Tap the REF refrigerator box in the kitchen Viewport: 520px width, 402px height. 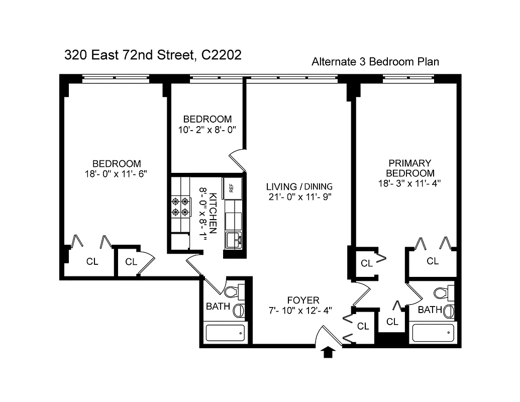(x=232, y=188)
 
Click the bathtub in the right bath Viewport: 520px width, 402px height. (x=433, y=333)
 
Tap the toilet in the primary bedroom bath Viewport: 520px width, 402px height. (x=442, y=293)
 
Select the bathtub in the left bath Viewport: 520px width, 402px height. (x=225, y=333)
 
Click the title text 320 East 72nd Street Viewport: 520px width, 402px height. (x=153, y=55)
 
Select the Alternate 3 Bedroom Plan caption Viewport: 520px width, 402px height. (x=375, y=62)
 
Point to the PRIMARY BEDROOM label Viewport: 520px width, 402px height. (x=410, y=168)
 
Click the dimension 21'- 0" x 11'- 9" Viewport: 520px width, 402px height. (x=299, y=197)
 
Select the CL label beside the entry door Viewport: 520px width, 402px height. (x=363, y=327)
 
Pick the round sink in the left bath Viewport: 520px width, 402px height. (x=239, y=310)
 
